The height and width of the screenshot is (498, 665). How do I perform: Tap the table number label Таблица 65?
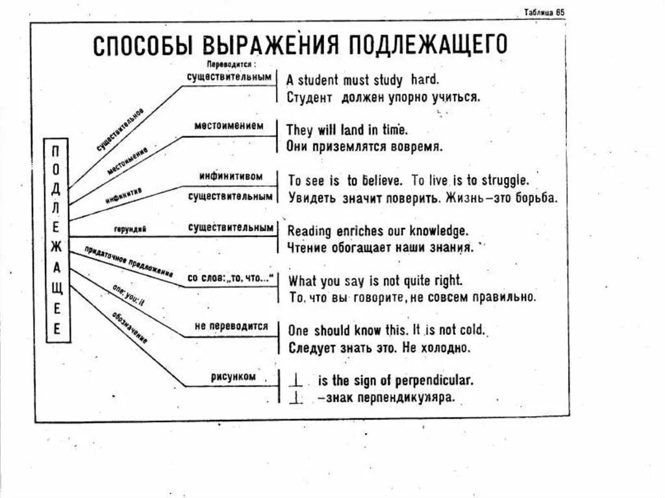pyautogui.click(x=545, y=13)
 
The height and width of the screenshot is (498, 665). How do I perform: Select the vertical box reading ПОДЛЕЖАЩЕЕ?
pyautogui.click(x=56, y=239)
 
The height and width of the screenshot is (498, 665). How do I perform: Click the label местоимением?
pyautogui.click(x=220, y=125)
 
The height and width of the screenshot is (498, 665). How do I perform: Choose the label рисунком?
pyautogui.click(x=232, y=377)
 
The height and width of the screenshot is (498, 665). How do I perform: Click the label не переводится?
pyautogui.click(x=231, y=327)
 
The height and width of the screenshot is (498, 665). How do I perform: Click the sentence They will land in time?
pyautogui.click(x=347, y=129)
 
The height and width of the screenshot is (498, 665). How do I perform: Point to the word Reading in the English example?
pyautogui.click(x=309, y=230)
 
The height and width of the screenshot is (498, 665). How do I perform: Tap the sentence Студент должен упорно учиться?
pyautogui.click(x=383, y=97)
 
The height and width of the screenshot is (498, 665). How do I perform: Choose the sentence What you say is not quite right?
pyautogui.click(x=375, y=281)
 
